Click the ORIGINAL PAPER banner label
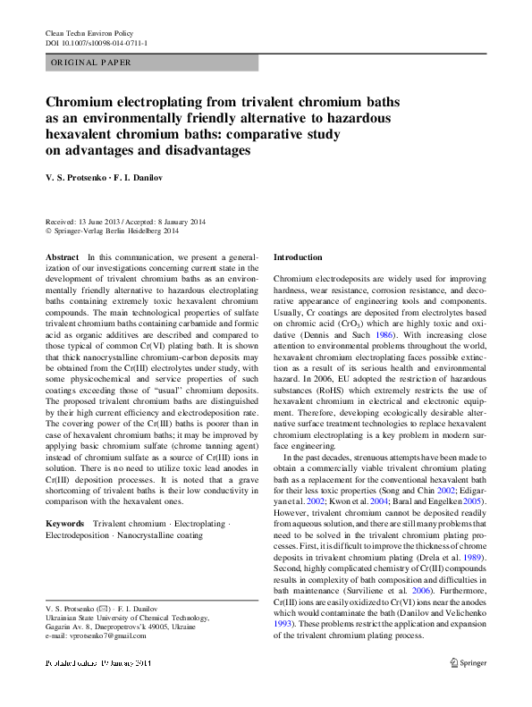tap(91, 63)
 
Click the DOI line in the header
tap(97, 43)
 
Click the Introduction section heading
tap(298, 257)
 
